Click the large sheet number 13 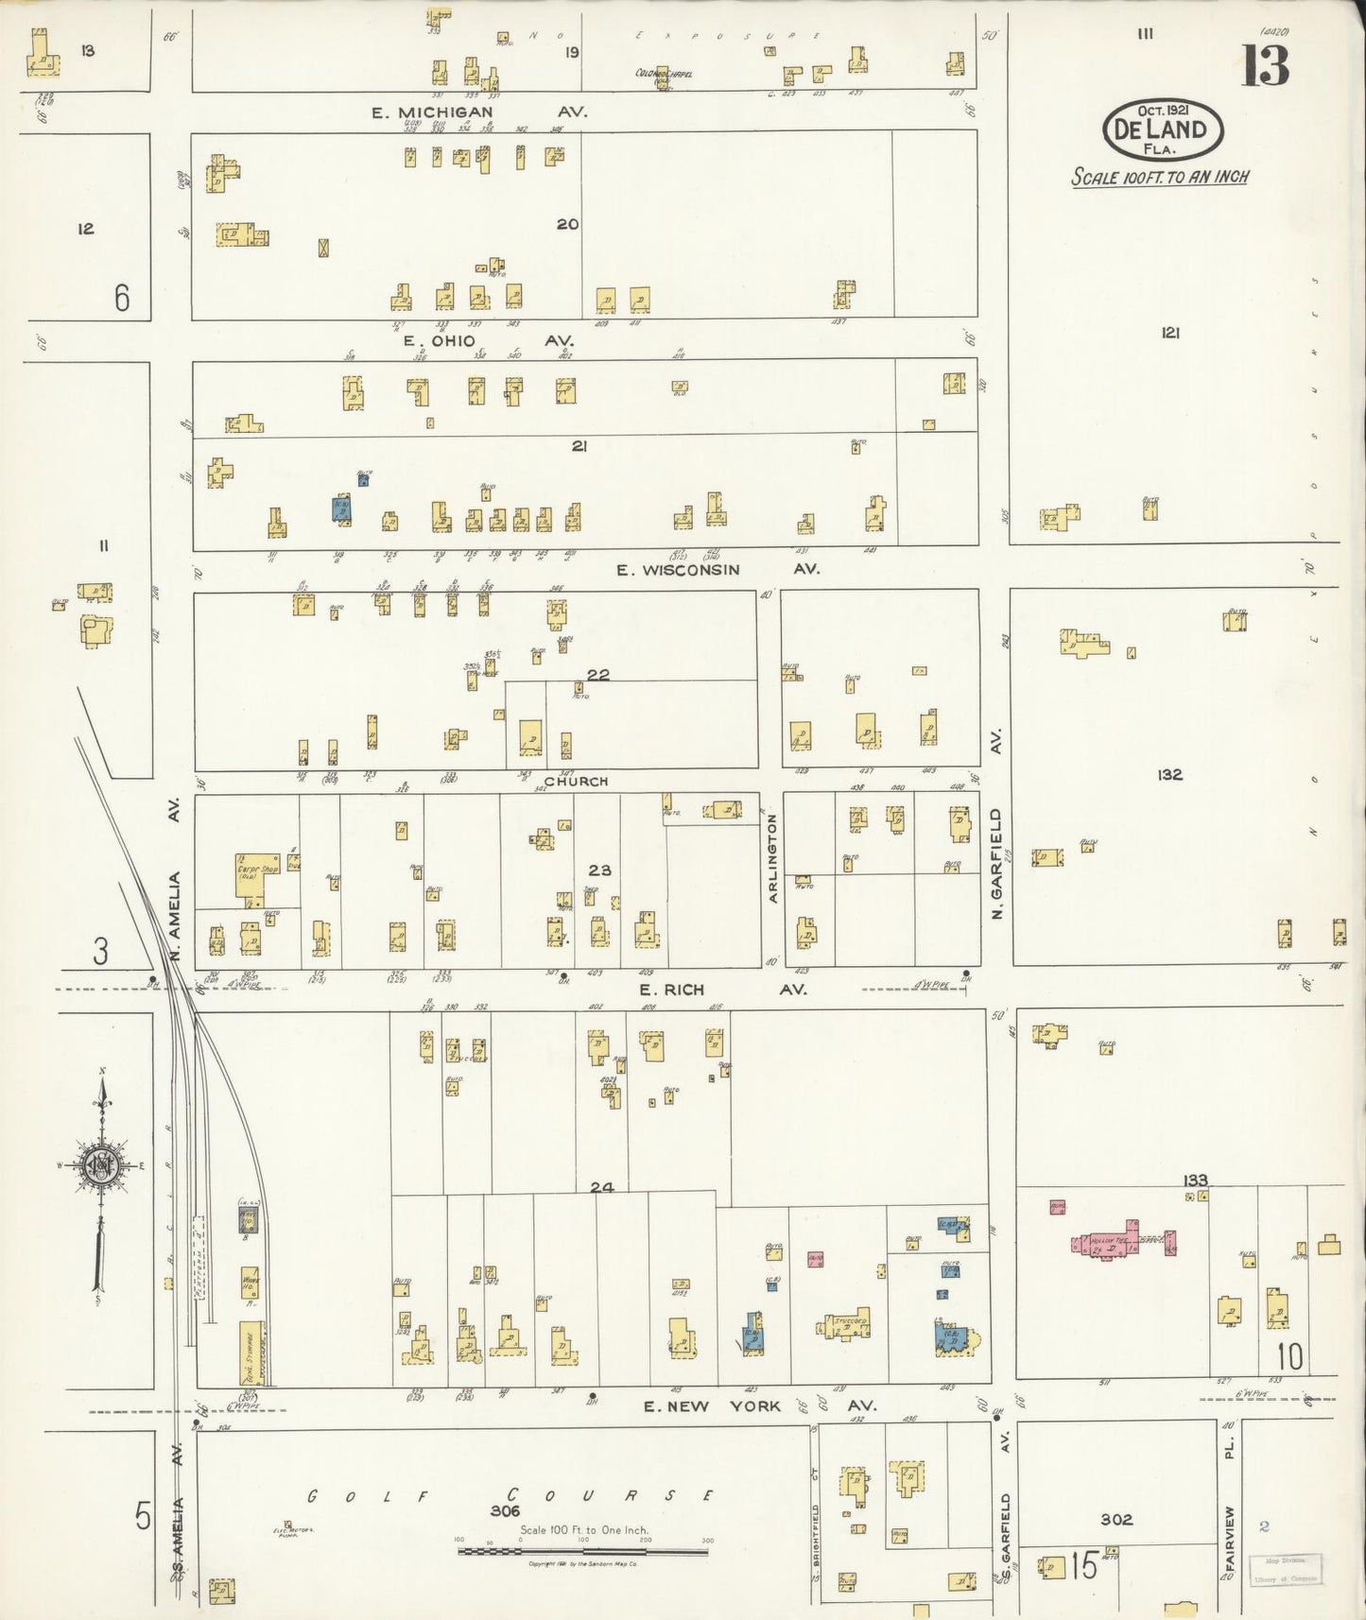tap(1265, 65)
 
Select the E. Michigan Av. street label tap(478, 112)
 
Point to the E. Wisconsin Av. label tap(717, 569)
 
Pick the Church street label tap(576, 782)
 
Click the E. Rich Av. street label tap(722, 990)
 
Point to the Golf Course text tap(510, 1495)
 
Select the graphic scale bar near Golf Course tap(583, 1551)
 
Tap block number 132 tap(1169, 774)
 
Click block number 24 tap(602, 1187)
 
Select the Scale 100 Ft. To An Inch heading tap(1160, 177)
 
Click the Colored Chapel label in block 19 tap(664, 74)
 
